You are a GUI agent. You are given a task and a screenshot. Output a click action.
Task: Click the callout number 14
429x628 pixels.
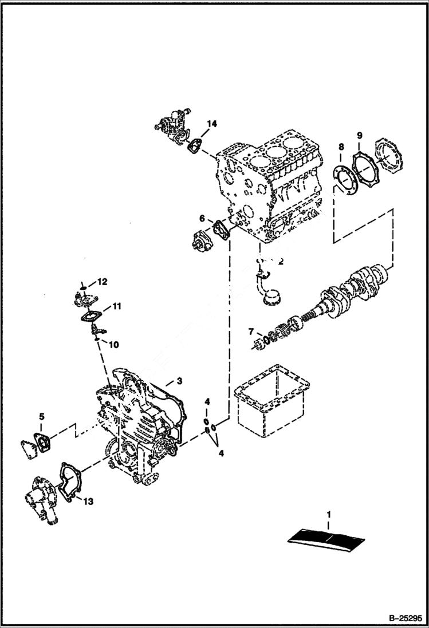click(x=212, y=123)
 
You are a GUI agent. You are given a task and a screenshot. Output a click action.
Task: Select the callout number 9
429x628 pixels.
click(x=359, y=135)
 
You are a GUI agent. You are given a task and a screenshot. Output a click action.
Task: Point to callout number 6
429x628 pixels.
click(x=202, y=218)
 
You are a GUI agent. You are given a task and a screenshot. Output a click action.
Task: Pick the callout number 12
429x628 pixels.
click(x=102, y=282)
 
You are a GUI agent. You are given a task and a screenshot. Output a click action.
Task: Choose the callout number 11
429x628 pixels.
click(x=116, y=307)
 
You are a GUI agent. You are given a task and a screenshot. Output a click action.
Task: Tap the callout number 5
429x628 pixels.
click(x=41, y=416)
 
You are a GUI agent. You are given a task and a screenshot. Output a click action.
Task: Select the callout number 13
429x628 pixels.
click(x=88, y=502)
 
